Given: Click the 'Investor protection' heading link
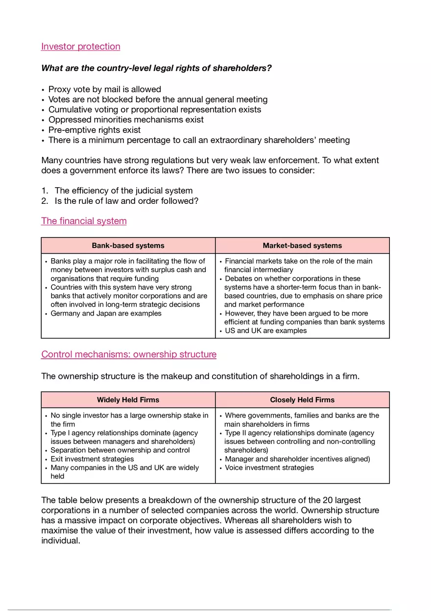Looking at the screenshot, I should (81, 47).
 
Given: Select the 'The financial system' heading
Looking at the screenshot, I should (84, 221).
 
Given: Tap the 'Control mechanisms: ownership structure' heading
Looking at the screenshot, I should (129, 354).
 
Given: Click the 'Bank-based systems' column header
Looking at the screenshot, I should (128, 245).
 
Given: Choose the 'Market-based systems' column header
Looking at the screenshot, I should (302, 245).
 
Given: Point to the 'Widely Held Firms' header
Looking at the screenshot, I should (128, 400).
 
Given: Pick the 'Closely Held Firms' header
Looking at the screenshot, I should (302, 400).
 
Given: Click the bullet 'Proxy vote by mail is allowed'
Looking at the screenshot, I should (104, 89).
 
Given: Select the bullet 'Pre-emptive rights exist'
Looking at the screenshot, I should (94, 130).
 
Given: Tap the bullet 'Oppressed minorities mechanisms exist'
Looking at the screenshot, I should (126, 120).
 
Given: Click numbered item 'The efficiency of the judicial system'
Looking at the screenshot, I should (123, 191).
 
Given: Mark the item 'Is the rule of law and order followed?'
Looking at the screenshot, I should (126, 201).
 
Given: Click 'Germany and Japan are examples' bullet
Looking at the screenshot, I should (106, 314).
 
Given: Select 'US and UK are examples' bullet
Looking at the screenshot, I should (265, 331).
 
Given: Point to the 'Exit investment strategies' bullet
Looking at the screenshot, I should (92, 459).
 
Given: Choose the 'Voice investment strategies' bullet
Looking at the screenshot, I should (269, 468).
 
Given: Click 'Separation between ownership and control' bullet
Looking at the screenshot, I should (120, 450).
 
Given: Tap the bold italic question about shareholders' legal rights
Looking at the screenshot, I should (156, 68).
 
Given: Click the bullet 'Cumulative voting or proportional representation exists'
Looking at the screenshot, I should (155, 109).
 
